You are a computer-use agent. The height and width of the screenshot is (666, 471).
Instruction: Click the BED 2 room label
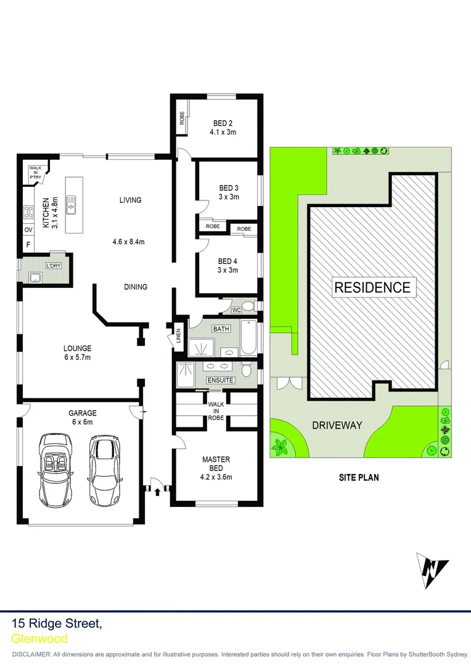click(223, 123)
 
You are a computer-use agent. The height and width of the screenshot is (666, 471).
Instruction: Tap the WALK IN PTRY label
click(35, 172)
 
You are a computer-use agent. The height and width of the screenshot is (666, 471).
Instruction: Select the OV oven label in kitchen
click(28, 229)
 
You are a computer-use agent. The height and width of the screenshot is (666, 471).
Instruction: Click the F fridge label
click(28, 244)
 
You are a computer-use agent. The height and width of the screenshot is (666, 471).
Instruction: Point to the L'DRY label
click(52, 266)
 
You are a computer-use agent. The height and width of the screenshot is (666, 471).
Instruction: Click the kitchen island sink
click(72, 203)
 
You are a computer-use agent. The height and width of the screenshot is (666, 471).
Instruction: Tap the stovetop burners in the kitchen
click(28, 212)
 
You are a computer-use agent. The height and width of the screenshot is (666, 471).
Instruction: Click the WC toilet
click(248, 306)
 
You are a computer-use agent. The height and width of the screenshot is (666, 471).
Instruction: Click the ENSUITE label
click(220, 380)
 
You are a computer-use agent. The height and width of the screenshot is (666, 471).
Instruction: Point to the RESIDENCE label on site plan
click(372, 287)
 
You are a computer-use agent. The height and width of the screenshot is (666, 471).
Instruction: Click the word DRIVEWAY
click(337, 425)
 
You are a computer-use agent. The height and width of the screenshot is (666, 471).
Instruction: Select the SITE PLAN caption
click(359, 477)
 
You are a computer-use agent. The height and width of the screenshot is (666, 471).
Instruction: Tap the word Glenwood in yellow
click(39, 639)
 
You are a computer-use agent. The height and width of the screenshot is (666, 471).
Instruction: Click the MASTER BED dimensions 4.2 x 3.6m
click(216, 476)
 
